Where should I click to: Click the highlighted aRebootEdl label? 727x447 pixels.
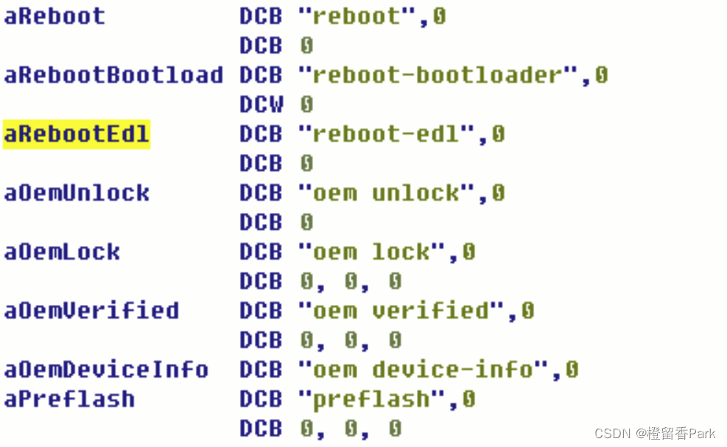[77, 134]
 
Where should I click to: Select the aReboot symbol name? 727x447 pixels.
[55, 16]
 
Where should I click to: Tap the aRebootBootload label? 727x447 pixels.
[113, 75]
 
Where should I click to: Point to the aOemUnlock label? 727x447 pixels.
[77, 193]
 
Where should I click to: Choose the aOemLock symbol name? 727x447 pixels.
[62, 252]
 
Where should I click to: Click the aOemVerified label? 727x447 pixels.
[91, 311]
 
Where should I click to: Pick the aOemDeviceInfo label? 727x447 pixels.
[106, 370]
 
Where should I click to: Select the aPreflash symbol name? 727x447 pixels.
[69, 399]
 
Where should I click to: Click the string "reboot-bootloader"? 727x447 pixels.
[438, 75]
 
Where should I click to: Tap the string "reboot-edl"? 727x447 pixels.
[387, 134]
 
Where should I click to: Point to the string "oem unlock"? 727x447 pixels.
[387, 193]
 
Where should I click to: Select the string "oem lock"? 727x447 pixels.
[372, 252]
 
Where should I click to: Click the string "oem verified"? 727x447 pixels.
[401, 311]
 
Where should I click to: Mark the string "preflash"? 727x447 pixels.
[372, 399]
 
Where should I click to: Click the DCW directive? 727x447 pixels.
[261, 105]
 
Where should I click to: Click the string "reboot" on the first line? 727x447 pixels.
[357, 16]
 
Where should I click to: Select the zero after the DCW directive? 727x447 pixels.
[306, 105]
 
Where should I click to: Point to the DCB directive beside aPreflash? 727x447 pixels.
[261, 399]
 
